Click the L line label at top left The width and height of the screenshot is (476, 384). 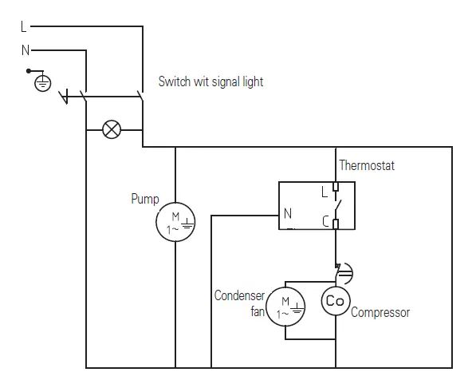(x=23, y=26)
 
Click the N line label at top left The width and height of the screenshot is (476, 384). (x=25, y=49)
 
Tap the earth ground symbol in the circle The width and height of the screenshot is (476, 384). (x=42, y=82)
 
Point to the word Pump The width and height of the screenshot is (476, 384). (x=144, y=199)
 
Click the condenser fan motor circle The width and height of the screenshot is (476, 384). (x=285, y=307)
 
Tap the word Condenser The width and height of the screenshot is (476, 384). (x=239, y=295)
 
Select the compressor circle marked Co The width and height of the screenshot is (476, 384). (x=335, y=300)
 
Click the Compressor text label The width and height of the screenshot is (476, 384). (x=380, y=312)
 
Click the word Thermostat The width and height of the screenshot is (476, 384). (x=367, y=166)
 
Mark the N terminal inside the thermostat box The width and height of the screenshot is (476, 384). (x=287, y=213)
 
